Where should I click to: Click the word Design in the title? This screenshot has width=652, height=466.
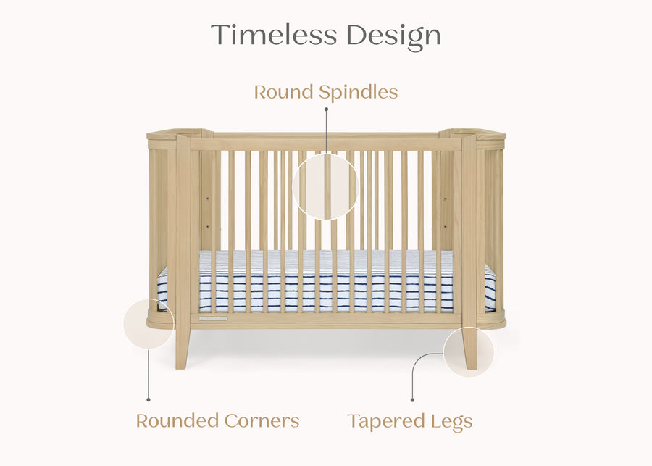click(x=393, y=36)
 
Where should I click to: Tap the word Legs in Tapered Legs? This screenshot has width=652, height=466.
click(x=450, y=421)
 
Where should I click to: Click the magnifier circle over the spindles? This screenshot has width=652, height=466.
click(x=326, y=186)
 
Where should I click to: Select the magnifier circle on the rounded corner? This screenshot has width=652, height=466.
click(x=149, y=324)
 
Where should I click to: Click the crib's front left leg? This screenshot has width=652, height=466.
click(x=183, y=348)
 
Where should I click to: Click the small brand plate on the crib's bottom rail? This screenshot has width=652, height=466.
click(x=214, y=318)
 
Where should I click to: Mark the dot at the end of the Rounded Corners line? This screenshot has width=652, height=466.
click(x=149, y=399)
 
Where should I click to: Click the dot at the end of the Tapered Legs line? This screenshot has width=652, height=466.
click(x=413, y=399)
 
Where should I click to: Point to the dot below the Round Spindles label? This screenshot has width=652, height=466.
click(x=326, y=109)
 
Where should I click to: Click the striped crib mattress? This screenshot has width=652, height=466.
click(x=326, y=283)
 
